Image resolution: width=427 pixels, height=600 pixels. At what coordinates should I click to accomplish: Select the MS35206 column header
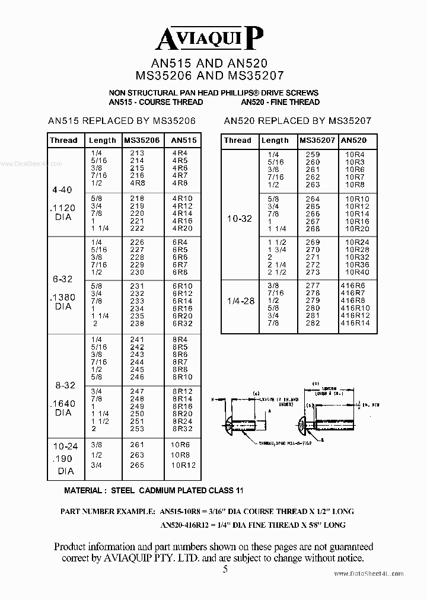pyautogui.click(x=142, y=141)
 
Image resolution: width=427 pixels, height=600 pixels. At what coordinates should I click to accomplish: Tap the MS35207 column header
pyautogui.click(x=317, y=141)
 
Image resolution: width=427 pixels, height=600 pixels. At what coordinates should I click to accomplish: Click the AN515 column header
pyautogui.click(x=182, y=141)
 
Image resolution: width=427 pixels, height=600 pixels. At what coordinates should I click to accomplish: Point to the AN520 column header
pyautogui.click(x=355, y=141)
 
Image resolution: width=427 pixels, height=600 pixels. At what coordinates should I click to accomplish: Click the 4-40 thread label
pyautogui.click(x=62, y=190)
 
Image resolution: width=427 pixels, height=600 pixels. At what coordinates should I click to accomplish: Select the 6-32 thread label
pyautogui.click(x=62, y=278)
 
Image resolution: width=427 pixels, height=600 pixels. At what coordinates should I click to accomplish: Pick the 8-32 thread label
pyautogui.click(x=62, y=385)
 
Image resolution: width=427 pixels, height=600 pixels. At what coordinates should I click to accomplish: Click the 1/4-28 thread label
pyautogui.click(x=240, y=301)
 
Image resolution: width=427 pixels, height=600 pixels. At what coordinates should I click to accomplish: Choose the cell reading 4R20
pyautogui.click(x=182, y=228)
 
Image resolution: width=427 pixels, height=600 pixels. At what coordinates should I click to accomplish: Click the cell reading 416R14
pyautogui.click(x=355, y=323)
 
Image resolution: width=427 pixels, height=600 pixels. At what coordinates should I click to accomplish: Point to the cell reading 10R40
pyautogui.click(x=357, y=272)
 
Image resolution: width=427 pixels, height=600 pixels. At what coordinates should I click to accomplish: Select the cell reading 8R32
pyautogui.click(x=182, y=428)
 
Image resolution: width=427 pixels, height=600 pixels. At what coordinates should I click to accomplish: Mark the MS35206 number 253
pyautogui.click(x=136, y=428)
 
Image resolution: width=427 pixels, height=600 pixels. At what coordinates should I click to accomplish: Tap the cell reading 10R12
pyautogui.click(x=183, y=465)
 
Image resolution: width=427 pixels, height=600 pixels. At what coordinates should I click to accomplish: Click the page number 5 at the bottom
pyautogui.click(x=225, y=570)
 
